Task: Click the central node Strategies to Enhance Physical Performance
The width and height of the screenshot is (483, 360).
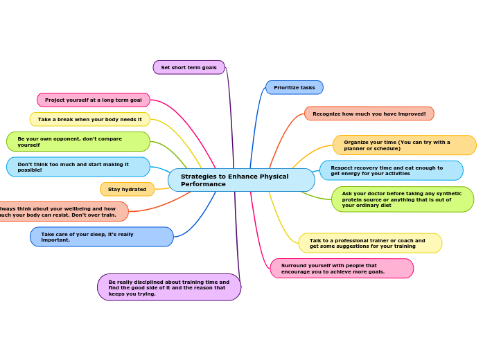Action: [241, 180]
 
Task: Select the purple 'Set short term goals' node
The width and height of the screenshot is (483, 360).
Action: [188, 67]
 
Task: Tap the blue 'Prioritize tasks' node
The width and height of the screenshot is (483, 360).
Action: [294, 87]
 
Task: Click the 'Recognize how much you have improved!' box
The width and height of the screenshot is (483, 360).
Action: [369, 114]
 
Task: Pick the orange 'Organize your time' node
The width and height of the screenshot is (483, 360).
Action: [404, 145]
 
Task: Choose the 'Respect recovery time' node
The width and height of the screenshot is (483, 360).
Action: [391, 170]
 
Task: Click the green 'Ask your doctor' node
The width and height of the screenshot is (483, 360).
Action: [402, 199]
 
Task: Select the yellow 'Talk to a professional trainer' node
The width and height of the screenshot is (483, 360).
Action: [370, 243]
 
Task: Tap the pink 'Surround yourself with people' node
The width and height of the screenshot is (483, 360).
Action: [342, 268]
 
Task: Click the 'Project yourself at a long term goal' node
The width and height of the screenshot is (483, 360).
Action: [94, 100]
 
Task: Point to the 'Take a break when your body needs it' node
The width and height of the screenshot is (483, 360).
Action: [90, 119]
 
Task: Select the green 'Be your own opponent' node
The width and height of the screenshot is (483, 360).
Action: [78, 141]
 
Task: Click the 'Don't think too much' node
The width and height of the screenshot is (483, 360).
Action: [78, 167]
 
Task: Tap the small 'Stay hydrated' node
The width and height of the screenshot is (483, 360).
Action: [128, 189]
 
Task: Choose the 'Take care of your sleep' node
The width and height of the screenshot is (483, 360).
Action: [102, 237]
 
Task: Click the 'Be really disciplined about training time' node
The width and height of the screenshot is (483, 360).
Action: [169, 287]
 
